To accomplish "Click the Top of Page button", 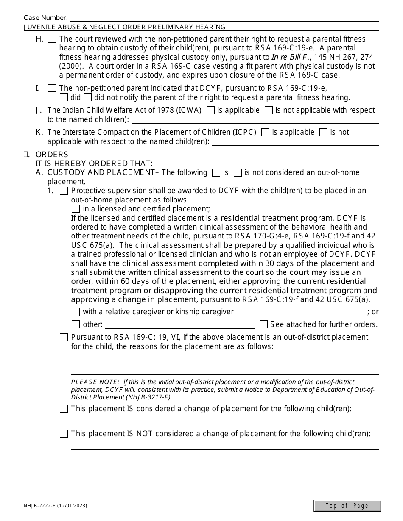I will click(x=347, y=506).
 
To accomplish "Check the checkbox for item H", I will click(x=52, y=39).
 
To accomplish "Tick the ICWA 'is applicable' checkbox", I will click(x=210, y=111).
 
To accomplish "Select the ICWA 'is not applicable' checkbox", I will click(x=269, y=111).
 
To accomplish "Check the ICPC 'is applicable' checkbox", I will click(x=265, y=133).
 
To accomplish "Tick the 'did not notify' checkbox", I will click(x=87, y=97).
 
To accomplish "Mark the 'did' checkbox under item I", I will click(x=64, y=97).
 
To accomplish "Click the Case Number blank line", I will click(x=225, y=18).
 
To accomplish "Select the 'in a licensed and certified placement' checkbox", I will click(x=76, y=209).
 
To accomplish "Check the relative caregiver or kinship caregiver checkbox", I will click(x=76, y=312).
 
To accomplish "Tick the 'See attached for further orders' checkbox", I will click(x=263, y=324).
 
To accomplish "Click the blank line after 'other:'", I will click(x=179, y=325).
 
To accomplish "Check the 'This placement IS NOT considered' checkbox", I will click(x=64, y=434).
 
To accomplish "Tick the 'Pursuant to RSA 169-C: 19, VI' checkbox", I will click(x=64, y=338).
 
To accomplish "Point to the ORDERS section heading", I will click(x=52, y=155).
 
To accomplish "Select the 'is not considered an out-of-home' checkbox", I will click(x=238, y=172).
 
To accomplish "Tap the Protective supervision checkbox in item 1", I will click(x=64, y=191).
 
